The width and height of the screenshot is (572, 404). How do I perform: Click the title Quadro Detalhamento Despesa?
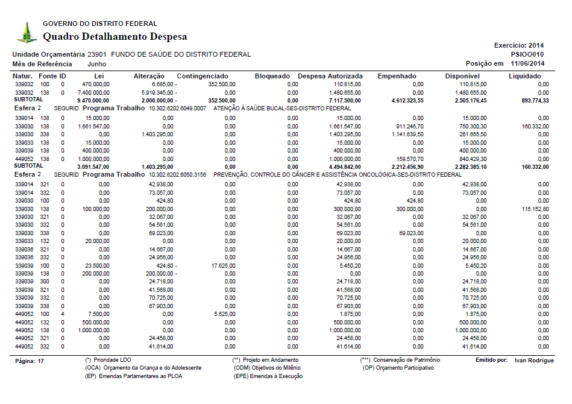click(115, 37)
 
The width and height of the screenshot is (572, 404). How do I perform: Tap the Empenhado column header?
click(396, 76)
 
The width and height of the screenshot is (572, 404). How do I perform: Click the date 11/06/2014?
click(527, 63)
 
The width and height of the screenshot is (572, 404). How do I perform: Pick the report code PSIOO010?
click(527, 54)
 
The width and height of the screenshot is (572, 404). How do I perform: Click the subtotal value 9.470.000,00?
click(93, 99)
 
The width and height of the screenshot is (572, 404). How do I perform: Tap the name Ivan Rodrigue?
click(534, 361)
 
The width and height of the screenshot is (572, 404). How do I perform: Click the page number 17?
click(41, 361)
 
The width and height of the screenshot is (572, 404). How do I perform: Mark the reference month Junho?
click(97, 63)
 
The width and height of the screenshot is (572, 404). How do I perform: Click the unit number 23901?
click(97, 54)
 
